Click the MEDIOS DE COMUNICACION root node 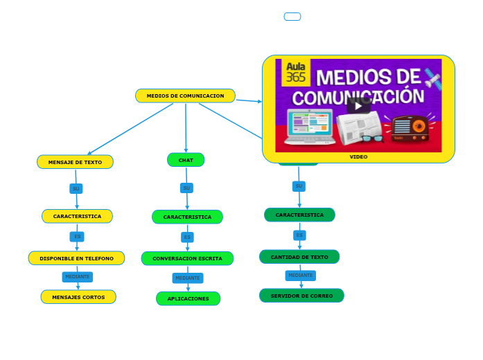click(x=185, y=96)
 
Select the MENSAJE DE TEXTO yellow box click(x=75, y=162)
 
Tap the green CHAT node click(x=186, y=160)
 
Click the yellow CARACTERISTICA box click(x=77, y=216)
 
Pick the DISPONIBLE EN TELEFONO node click(x=76, y=258)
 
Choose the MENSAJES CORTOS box click(x=78, y=297)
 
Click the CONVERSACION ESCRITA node click(x=187, y=258)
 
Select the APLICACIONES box click(x=188, y=298)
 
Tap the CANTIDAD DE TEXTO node click(x=299, y=257)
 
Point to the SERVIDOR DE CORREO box click(x=301, y=296)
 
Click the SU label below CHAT click(x=186, y=188)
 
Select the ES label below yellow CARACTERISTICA click(x=77, y=237)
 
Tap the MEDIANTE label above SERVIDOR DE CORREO click(x=300, y=276)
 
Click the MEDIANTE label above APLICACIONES click(x=188, y=278)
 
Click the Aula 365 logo click(x=296, y=73)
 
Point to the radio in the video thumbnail click(x=410, y=128)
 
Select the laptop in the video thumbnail click(x=309, y=127)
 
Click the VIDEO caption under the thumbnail click(x=358, y=157)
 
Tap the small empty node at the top click(x=292, y=17)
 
